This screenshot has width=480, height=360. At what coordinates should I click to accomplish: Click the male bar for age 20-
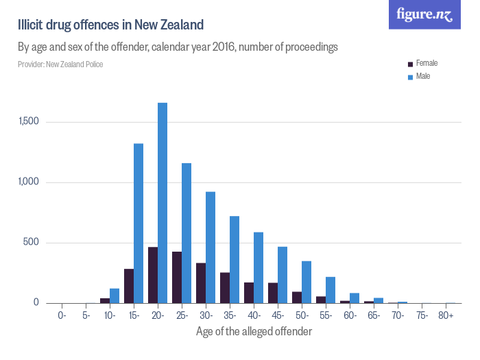pyautogui.click(x=163, y=203)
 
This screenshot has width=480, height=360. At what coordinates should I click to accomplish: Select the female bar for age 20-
pyautogui.click(x=153, y=275)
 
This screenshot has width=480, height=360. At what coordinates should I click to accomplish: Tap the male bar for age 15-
pyautogui.click(x=139, y=223)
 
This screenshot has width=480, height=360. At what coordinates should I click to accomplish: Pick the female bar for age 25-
pyautogui.click(x=177, y=277)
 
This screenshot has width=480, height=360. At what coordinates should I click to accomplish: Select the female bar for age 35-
pyautogui.click(x=225, y=287)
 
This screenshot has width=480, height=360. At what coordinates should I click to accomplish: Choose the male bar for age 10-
pyautogui.click(x=115, y=296)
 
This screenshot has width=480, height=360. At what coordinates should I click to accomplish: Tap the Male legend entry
pyautogui.click(x=419, y=76)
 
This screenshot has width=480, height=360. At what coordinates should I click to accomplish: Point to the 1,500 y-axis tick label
pyautogui.click(x=32, y=121)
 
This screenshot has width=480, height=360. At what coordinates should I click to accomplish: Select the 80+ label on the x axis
pyautogui.click(x=446, y=315)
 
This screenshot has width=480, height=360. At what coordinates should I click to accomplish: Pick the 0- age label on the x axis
pyautogui.click(x=62, y=315)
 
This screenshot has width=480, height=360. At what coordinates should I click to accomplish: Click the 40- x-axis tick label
pyautogui.click(x=254, y=315)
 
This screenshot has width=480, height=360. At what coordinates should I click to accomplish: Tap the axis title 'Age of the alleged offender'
pyautogui.click(x=254, y=331)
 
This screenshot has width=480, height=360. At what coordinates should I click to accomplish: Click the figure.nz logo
pyautogui.click(x=424, y=14)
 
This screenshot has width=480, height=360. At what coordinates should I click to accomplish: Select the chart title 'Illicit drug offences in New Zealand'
pyautogui.click(x=110, y=25)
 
